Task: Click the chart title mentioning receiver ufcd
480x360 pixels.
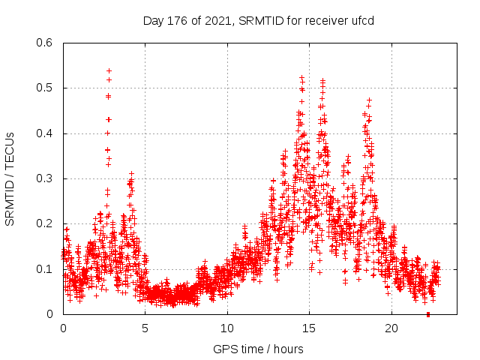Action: pos(258,20)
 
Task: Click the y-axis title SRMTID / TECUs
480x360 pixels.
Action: pos(10,178)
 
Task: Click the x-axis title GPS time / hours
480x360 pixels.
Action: pos(258,349)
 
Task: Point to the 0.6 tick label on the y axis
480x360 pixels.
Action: pos(46,43)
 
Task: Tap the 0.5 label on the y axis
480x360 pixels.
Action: pos(46,88)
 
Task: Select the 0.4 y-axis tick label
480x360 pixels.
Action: pos(46,133)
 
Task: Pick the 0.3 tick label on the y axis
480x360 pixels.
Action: pos(46,178)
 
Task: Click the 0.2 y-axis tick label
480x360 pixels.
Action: pos(46,223)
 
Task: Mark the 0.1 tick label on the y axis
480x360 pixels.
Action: pos(46,268)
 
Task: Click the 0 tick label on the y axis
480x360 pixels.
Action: pos(52,314)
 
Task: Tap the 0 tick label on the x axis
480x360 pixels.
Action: pos(63,328)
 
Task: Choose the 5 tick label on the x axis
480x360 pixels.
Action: pos(145,328)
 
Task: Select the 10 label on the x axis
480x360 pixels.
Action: pos(227,328)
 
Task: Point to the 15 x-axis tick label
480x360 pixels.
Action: pos(310,328)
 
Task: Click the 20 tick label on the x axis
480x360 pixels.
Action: pos(391,328)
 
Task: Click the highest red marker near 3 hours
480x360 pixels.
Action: pos(109,70)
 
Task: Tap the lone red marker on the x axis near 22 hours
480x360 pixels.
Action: pos(427,314)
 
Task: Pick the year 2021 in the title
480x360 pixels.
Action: pos(215,20)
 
